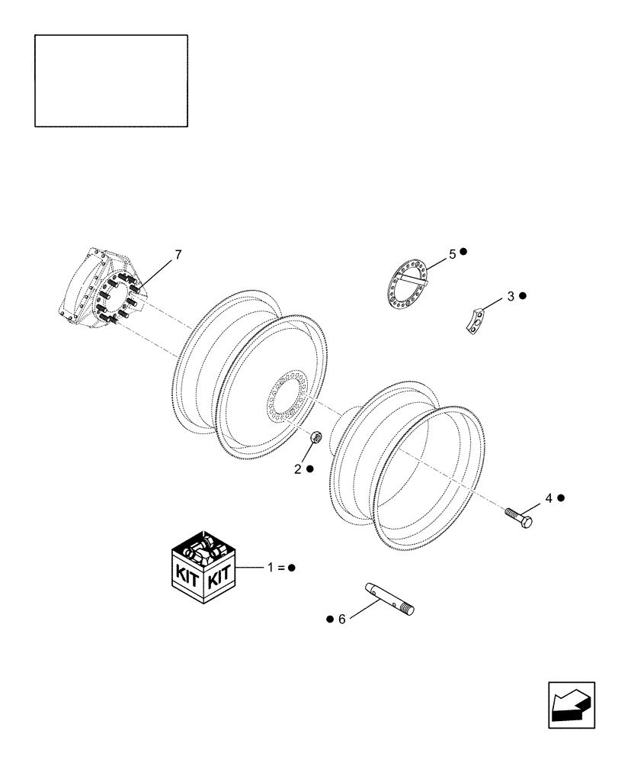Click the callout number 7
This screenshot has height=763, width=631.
click(x=178, y=255)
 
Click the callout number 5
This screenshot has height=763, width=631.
click(x=452, y=253)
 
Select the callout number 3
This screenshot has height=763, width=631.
click(x=511, y=295)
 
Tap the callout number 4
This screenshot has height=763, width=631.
click(x=548, y=498)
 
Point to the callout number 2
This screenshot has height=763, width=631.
click(x=299, y=468)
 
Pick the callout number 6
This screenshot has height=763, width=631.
click(x=341, y=619)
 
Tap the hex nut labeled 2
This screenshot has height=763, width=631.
click(x=317, y=438)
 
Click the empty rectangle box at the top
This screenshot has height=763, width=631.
click(x=111, y=80)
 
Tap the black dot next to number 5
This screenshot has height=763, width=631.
click(x=463, y=252)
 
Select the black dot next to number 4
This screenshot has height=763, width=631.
click(x=561, y=498)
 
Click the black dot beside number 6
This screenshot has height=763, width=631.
click(x=329, y=619)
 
